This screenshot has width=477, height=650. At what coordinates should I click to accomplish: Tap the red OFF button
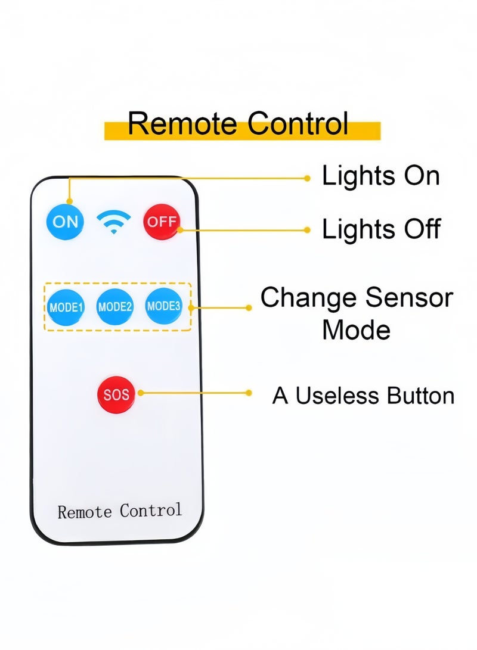click(162, 222)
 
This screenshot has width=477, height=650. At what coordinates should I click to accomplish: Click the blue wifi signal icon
click(113, 222)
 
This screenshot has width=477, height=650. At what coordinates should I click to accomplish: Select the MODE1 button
click(66, 307)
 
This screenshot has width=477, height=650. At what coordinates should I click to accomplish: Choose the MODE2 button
click(115, 307)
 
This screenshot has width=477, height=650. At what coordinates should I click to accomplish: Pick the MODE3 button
click(164, 306)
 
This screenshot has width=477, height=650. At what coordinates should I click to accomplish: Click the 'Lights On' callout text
click(381, 176)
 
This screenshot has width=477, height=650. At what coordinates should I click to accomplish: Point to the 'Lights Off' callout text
click(381, 229)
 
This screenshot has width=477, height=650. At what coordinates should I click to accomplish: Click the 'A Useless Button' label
click(363, 396)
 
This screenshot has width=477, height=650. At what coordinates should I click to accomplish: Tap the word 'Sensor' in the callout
click(409, 298)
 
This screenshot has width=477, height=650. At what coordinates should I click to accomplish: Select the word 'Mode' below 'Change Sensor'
click(357, 330)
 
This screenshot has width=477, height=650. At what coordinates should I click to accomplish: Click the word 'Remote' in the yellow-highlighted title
click(182, 123)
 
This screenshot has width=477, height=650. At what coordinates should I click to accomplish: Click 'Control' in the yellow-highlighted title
click(298, 123)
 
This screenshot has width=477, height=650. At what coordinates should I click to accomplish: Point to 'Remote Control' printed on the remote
click(119, 511)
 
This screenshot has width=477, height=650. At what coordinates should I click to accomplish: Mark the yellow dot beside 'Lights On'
click(307, 178)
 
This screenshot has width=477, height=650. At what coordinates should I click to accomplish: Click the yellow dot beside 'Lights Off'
click(307, 230)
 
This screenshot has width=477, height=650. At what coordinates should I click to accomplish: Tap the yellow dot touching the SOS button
click(141, 393)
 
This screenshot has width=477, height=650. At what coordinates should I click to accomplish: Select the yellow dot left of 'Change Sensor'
click(249, 307)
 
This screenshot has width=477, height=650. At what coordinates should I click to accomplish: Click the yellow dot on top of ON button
click(70, 201)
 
